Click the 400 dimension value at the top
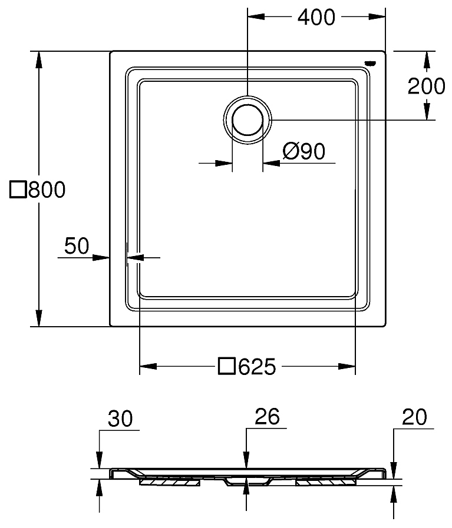[316, 18]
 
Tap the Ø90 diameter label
[303, 152]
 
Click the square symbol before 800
[19, 190]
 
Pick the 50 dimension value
[77, 245]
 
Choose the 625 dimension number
[256, 367]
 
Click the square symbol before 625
[227, 367]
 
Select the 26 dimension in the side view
[266, 417]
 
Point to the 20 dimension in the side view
[414, 417]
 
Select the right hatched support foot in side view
[326, 482]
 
